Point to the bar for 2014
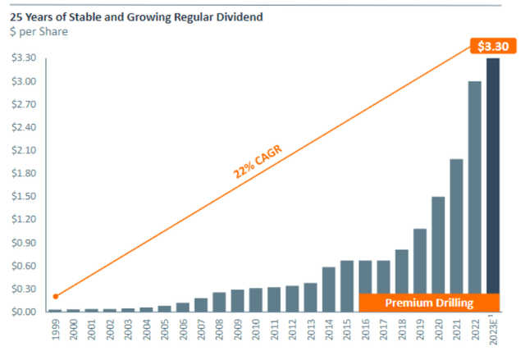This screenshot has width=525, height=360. click(328, 289)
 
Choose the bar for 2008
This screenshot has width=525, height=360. click(219, 302)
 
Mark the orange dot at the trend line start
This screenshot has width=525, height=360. click(55, 296)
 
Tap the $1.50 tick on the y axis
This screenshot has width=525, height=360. click(23, 197)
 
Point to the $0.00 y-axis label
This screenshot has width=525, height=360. click(23, 312)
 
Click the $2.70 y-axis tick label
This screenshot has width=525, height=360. click(23, 104)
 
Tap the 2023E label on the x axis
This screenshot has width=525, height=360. click(493, 336)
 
